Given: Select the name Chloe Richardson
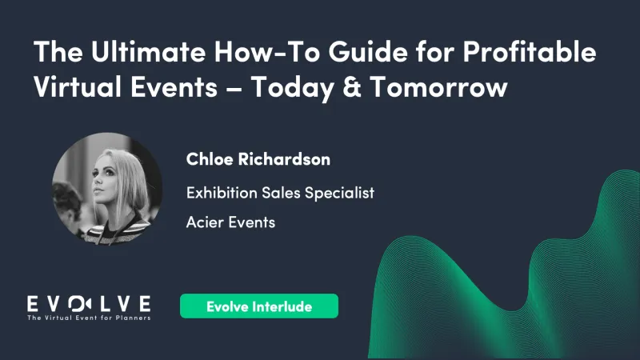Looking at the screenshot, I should click(x=258, y=159).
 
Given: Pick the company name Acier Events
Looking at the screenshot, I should click(x=230, y=222).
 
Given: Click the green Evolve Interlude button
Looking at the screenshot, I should click(x=258, y=306).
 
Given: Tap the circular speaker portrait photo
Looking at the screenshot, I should click(x=106, y=188).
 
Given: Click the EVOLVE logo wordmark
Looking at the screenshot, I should click(x=89, y=303).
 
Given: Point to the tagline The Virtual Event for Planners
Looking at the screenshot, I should click(x=89, y=318).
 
